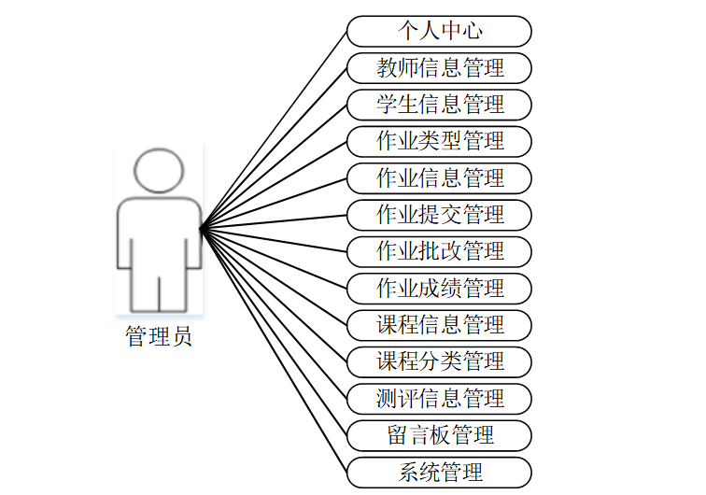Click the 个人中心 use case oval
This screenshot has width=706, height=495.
coord(439,31)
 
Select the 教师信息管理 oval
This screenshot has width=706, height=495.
coord(439,67)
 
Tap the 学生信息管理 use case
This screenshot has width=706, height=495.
coord(439,104)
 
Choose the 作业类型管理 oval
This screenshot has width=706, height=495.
coord(439,141)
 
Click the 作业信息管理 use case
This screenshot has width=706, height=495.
coord(439,177)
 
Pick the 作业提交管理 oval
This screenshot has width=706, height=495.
coord(439,214)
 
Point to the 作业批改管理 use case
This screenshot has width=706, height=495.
coord(439,251)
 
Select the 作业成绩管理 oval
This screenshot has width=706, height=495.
coord(439,288)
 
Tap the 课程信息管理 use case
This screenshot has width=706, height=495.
coord(439,324)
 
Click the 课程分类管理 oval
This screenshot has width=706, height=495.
coord(439,361)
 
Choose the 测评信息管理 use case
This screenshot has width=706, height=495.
coord(439,398)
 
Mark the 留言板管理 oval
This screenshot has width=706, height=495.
coord(439,434)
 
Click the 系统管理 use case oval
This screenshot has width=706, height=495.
coord(439,471)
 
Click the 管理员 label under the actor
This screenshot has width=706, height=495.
coord(159,337)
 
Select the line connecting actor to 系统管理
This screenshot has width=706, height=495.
coord(274,349)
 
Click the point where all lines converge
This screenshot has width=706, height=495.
coord(202,227)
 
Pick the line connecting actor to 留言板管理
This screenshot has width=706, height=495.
coord(274,331)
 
